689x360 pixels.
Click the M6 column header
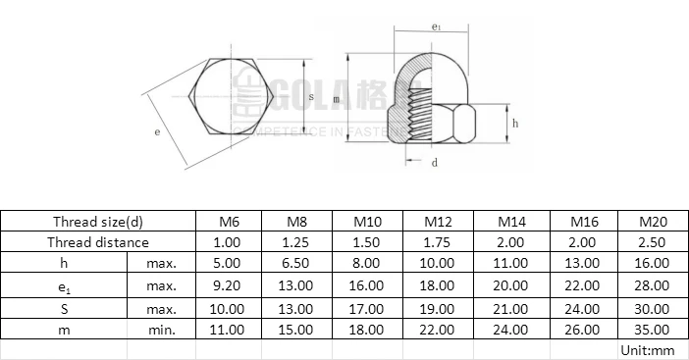227,223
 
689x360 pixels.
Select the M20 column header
653,223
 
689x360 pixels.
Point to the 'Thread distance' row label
98,241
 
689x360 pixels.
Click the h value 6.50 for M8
297,263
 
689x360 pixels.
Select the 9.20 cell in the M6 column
227,285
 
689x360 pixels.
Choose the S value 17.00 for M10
368,308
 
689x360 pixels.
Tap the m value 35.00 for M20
653,330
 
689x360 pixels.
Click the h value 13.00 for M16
582,263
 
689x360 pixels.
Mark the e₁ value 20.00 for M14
511,285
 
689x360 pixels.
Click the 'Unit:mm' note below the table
648,349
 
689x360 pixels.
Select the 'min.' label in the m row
162,330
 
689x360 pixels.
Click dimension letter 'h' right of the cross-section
514,123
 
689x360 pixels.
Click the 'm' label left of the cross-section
336,100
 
